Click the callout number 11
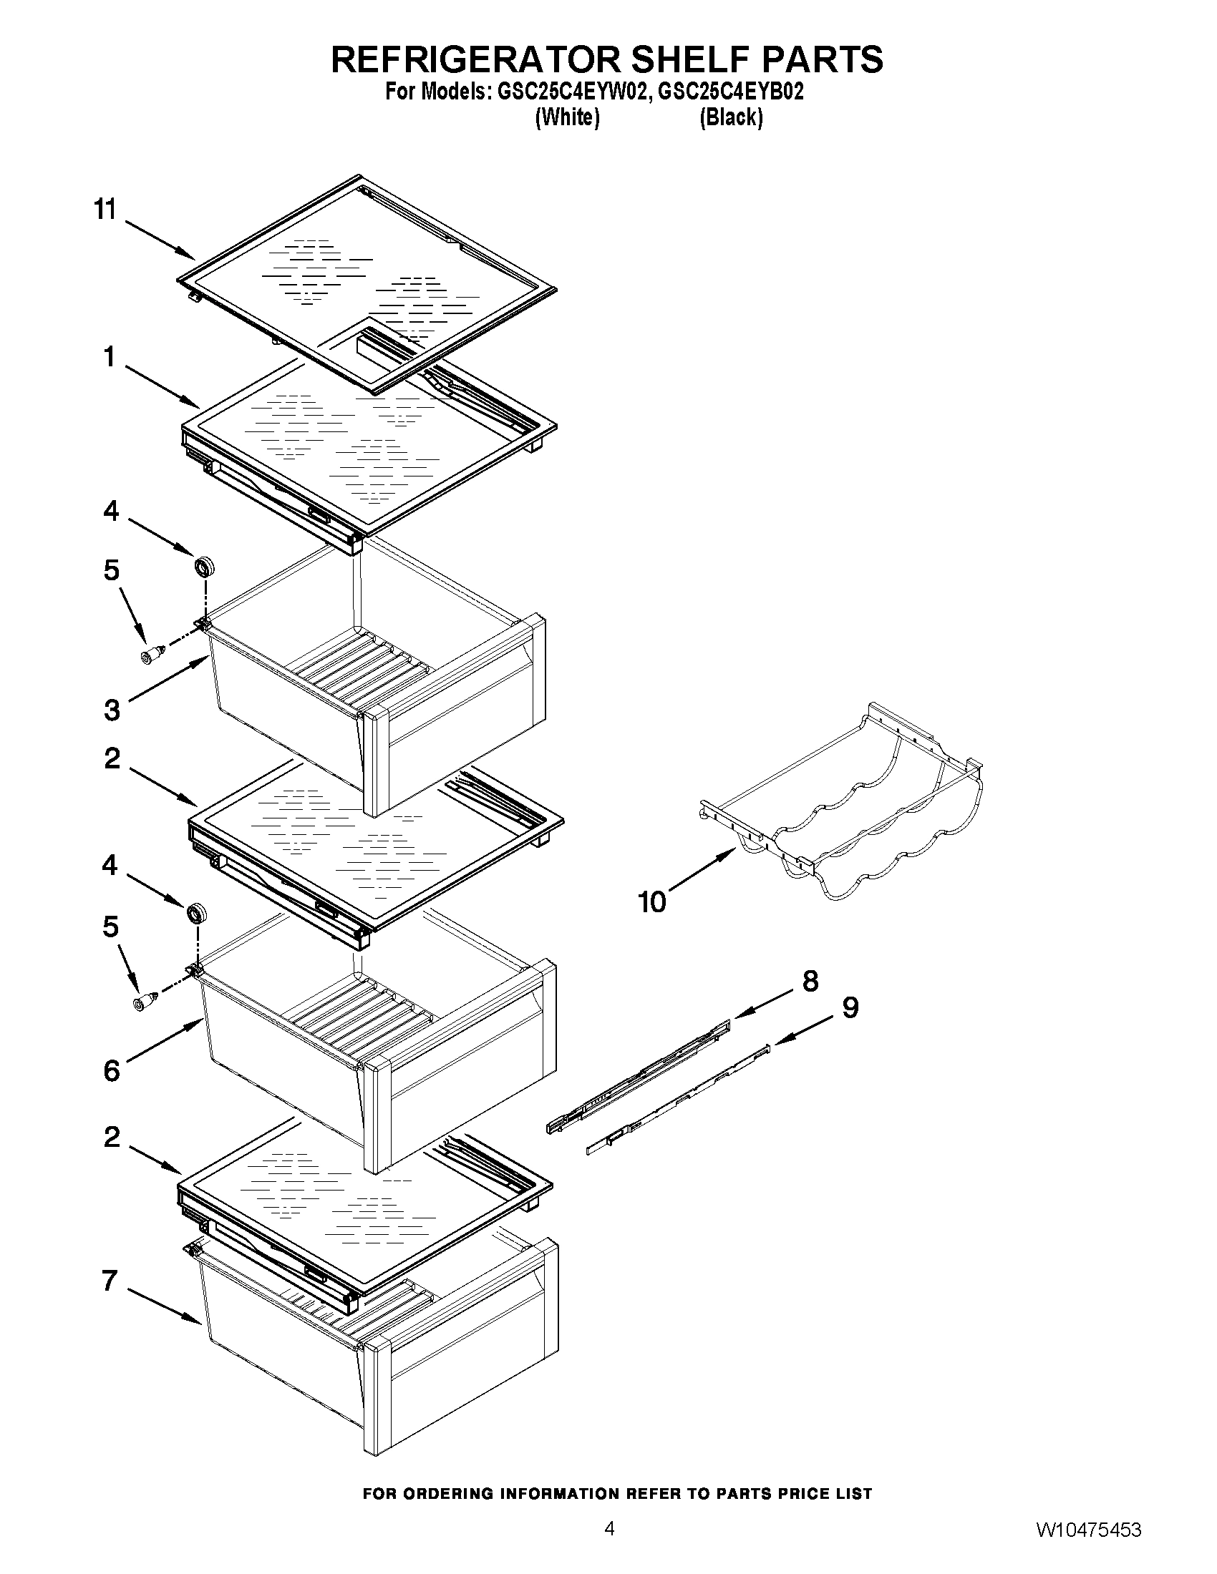[x=105, y=210]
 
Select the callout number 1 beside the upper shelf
[x=110, y=357]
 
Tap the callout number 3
[x=112, y=710]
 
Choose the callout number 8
[x=810, y=981]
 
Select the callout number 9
[x=850, y=1007]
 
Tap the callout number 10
[x=653, y=901]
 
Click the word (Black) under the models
[x=730, y=117]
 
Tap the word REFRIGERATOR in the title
[x=476, y=59]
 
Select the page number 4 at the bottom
[x=609, y=1543]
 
